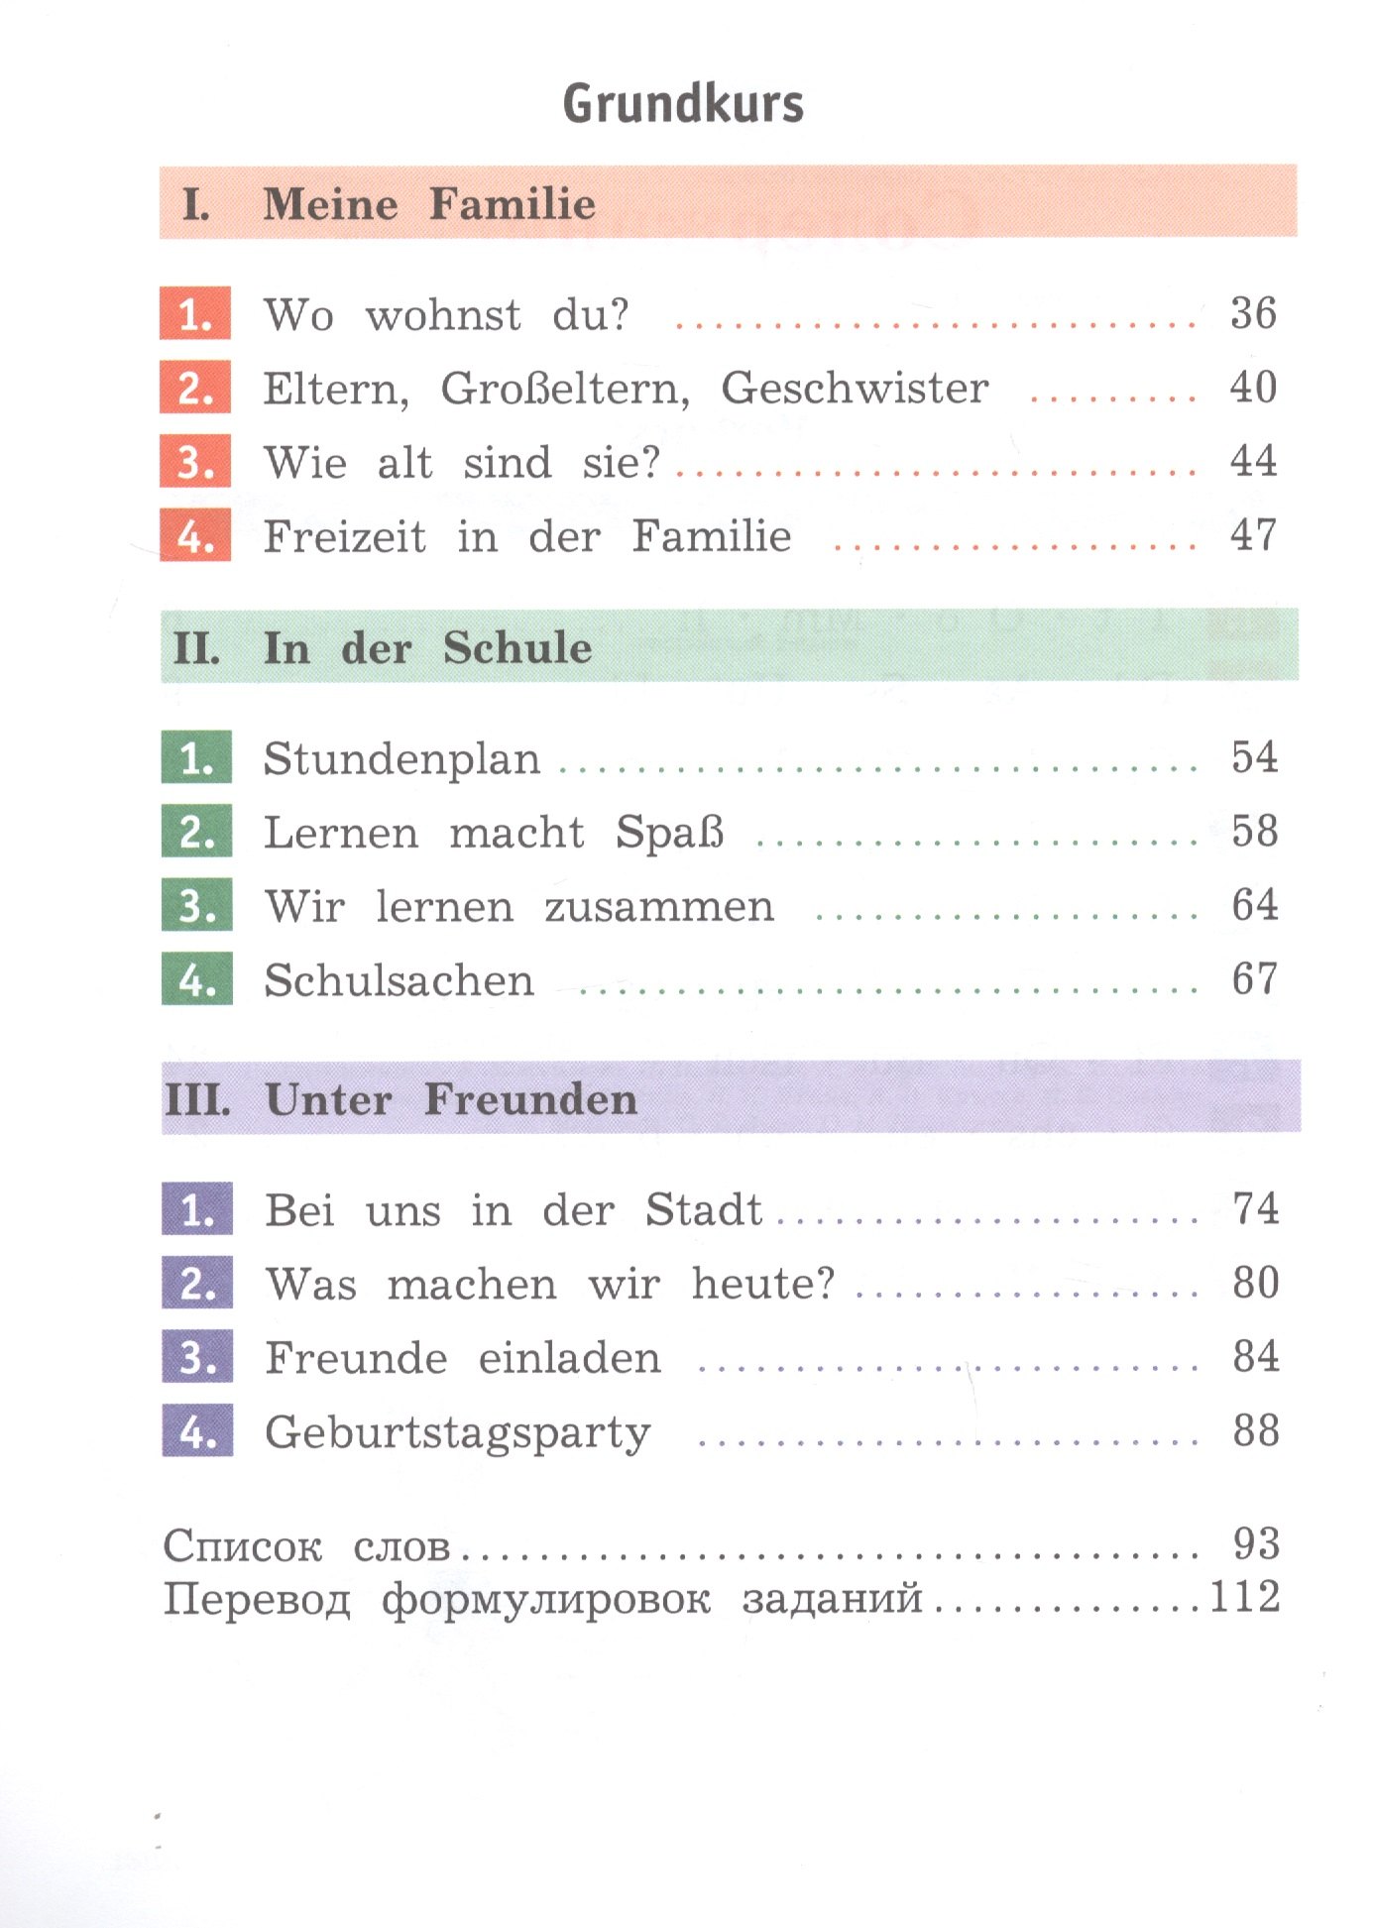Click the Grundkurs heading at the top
(x=683, y=104)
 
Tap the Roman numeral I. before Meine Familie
(x=196, y=205)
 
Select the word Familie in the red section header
(x=513, y=204)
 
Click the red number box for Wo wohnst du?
(x=195, y=314)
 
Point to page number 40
(x=1253, y=387)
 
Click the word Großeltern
(x=565, y=389)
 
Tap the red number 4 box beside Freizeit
(x=195, y=536)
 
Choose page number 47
(x=1253, y=535)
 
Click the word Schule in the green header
(x=517, y=648)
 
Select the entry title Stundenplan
(x=402, y=759)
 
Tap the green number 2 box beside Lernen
(x=196, y=832)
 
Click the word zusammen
(x=659, y=906)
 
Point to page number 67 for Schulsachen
(x=1254, y=979)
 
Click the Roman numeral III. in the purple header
(x=198, y=1100)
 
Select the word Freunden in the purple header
(x=530, y=1100)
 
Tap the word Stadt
(x=704, y=1210)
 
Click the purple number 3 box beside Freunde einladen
(x=197, y=1357)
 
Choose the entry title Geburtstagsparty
(x=458, y=1433)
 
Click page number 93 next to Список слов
(x=1256, y=1543)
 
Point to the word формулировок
(x=546, y=1598)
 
